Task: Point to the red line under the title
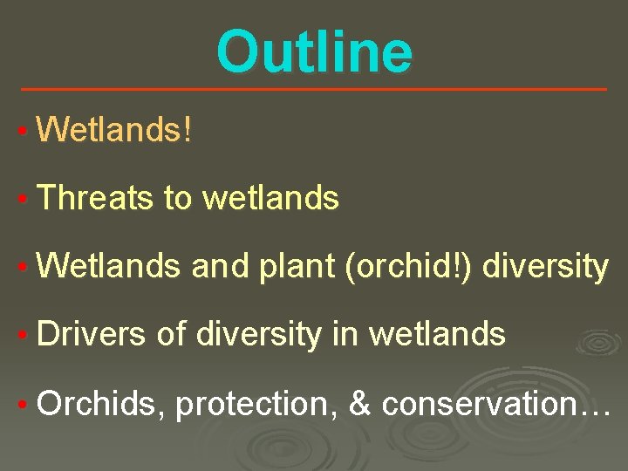coord(314,89)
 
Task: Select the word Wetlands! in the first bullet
coord(114,131)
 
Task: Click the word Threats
coord(95,199)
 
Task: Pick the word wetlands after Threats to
coord(270,199)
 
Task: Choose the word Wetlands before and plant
coord(109,267)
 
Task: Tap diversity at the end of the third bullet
coord(545,267)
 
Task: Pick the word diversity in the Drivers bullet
coord(258,334)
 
